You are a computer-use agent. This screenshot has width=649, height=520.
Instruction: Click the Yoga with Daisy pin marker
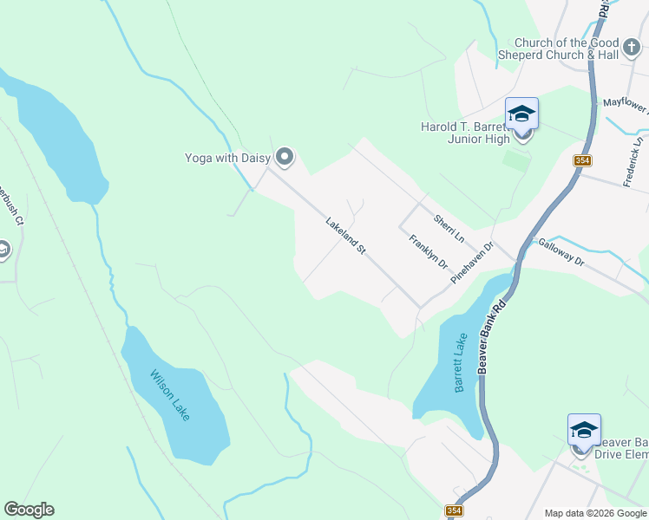coord(285,157)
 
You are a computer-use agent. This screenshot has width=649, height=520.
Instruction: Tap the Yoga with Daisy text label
coord(228,158)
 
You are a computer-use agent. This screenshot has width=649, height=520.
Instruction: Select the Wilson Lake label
coord(169,396)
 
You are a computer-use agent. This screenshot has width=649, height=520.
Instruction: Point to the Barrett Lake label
coord(461,363)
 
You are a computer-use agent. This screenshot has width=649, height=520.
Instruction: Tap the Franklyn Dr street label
coord(428,251)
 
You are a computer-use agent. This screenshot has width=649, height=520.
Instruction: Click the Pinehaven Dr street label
coord(472,263)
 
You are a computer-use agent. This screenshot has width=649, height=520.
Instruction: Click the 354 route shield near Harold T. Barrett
coord(582,160)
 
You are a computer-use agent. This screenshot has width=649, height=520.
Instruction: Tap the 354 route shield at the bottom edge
coord(454,511)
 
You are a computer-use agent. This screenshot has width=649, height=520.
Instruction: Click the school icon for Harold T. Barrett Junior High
coord(521,114)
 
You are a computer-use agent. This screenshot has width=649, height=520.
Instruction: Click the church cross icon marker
coord(631,45)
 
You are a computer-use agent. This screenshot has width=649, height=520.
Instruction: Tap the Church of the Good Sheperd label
coord(559,49)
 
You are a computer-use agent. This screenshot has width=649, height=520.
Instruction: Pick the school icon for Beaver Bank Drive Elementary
coord(584,431)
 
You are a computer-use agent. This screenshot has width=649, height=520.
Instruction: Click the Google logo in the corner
coord(29,510)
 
